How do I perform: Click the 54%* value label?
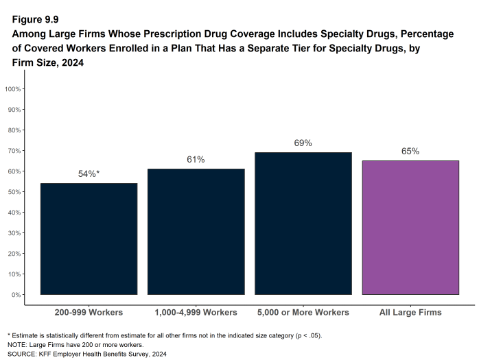89,174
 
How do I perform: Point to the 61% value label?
196,160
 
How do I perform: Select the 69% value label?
303,143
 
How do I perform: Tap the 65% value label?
410,152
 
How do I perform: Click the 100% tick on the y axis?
14,89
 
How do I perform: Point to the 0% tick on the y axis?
17,295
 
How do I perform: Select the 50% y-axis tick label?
16,192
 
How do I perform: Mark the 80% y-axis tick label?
16,130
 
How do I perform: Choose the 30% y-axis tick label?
16,233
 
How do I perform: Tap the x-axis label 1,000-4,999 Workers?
196,313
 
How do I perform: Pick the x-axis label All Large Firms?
410,313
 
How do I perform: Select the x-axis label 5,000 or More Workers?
303,313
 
